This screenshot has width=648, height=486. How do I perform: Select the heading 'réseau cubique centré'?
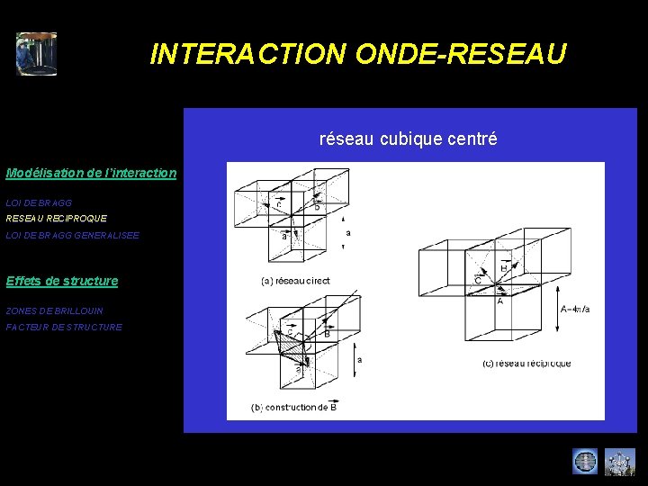tap(408, 139)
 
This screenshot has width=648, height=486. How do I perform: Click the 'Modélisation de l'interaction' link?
tap(91, 172)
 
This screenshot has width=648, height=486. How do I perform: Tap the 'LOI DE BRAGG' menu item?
tap(39, 203)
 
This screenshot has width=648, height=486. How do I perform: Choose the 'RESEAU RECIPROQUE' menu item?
tap(56, 219)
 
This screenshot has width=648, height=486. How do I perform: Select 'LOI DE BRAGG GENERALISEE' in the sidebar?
tap(72, 235)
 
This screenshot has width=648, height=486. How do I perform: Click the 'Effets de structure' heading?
tap(61, 281)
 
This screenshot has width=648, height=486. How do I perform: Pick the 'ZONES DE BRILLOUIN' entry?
tap(54, 310)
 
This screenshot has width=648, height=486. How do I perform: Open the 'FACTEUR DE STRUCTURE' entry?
tap(63, 327)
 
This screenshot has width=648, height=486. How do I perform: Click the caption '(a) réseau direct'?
tap(295, 281)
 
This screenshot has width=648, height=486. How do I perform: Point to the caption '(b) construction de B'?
tap(294, 408)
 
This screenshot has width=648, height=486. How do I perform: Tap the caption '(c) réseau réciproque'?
tap(526, 364)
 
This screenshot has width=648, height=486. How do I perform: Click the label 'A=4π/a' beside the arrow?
tap(576, 310)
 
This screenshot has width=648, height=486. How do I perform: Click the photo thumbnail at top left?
tap(36, 54)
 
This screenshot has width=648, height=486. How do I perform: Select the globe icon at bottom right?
tap(585, 462)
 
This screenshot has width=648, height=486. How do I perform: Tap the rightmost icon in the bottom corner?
tap(619, 462)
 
